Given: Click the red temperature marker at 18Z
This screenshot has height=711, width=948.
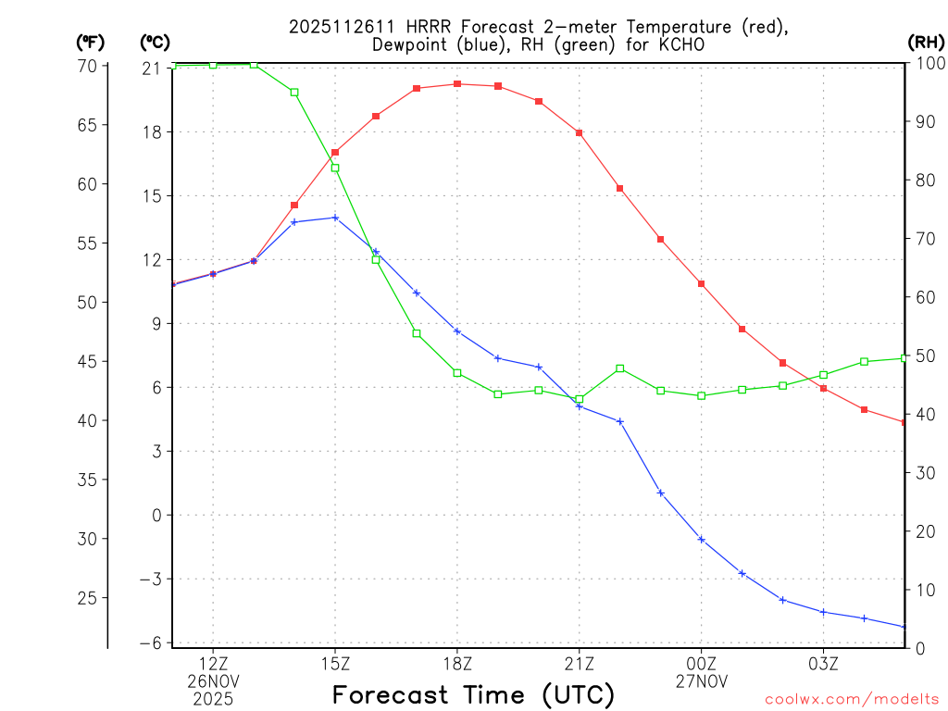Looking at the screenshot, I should [x=457, y=84].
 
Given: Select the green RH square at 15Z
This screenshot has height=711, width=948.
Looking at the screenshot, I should [x=335, y=168].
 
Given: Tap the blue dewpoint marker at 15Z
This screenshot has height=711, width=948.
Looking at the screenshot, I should [x=335, y=218].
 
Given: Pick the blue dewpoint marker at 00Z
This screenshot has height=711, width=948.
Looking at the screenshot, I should [x=702, y=540].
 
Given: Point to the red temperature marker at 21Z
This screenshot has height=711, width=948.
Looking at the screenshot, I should [x=580, y=133].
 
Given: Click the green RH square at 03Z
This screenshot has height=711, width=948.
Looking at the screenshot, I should [x=824, y=375].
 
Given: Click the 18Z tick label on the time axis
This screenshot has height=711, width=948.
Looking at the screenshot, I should [x=457, y=663].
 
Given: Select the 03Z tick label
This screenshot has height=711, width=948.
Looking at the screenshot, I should [x=824, y=663].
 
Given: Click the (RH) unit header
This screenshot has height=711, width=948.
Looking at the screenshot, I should [x=926, y=42].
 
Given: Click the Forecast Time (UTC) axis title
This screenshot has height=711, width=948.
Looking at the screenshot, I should [x=473, y=694].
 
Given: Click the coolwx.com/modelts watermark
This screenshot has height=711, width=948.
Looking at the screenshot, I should [x=853, y=699].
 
